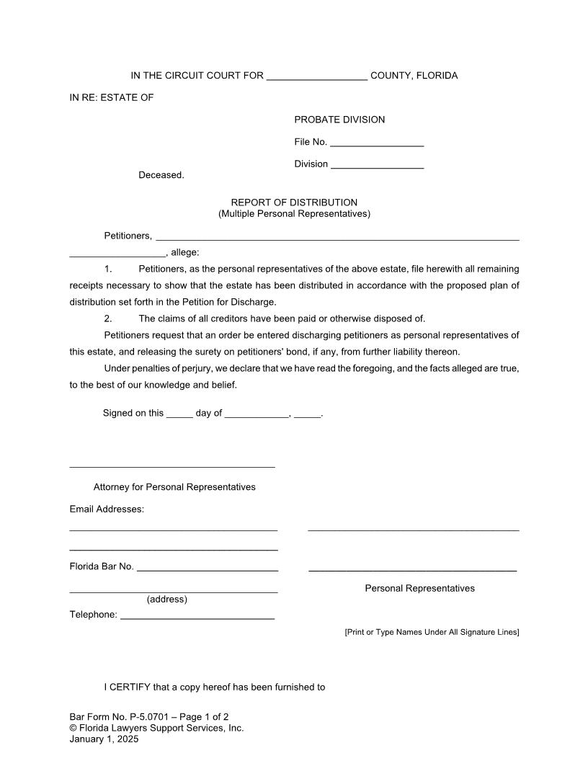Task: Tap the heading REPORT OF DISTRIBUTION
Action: tap(294, 203)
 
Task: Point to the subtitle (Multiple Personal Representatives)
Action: tap(294, 214)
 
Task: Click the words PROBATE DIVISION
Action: tap(339, 120)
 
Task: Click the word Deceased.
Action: tap(161, 175)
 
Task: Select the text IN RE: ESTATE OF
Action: tap(112, 98)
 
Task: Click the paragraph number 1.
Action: tap(108, 269)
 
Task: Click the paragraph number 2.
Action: tap(108, 319)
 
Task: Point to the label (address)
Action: tap(167, 600)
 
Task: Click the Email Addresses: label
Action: tap(107, 509)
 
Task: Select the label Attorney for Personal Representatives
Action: tap(174, 487)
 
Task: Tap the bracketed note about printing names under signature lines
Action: tap(432, 632)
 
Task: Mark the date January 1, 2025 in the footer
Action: tap(104, 739)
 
